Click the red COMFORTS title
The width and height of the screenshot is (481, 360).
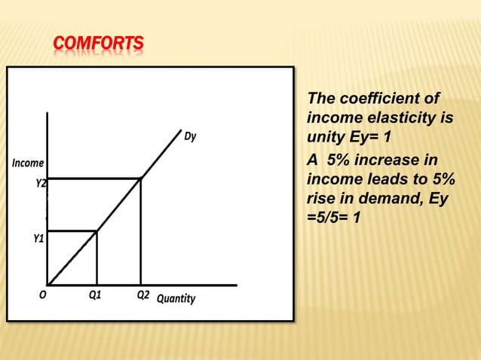98,46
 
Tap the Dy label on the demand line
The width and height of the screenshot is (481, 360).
191,136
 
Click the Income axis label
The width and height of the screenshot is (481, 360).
27,163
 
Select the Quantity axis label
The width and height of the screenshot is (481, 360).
176,299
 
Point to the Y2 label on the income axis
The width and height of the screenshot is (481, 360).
41,182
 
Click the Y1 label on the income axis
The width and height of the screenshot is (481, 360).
37,239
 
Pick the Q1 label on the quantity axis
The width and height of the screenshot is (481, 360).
96,296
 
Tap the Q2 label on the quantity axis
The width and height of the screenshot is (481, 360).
142,295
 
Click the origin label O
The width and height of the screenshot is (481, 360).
44,296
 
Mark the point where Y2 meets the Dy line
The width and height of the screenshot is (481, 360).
140,178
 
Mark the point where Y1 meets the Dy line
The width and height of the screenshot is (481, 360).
97,230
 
